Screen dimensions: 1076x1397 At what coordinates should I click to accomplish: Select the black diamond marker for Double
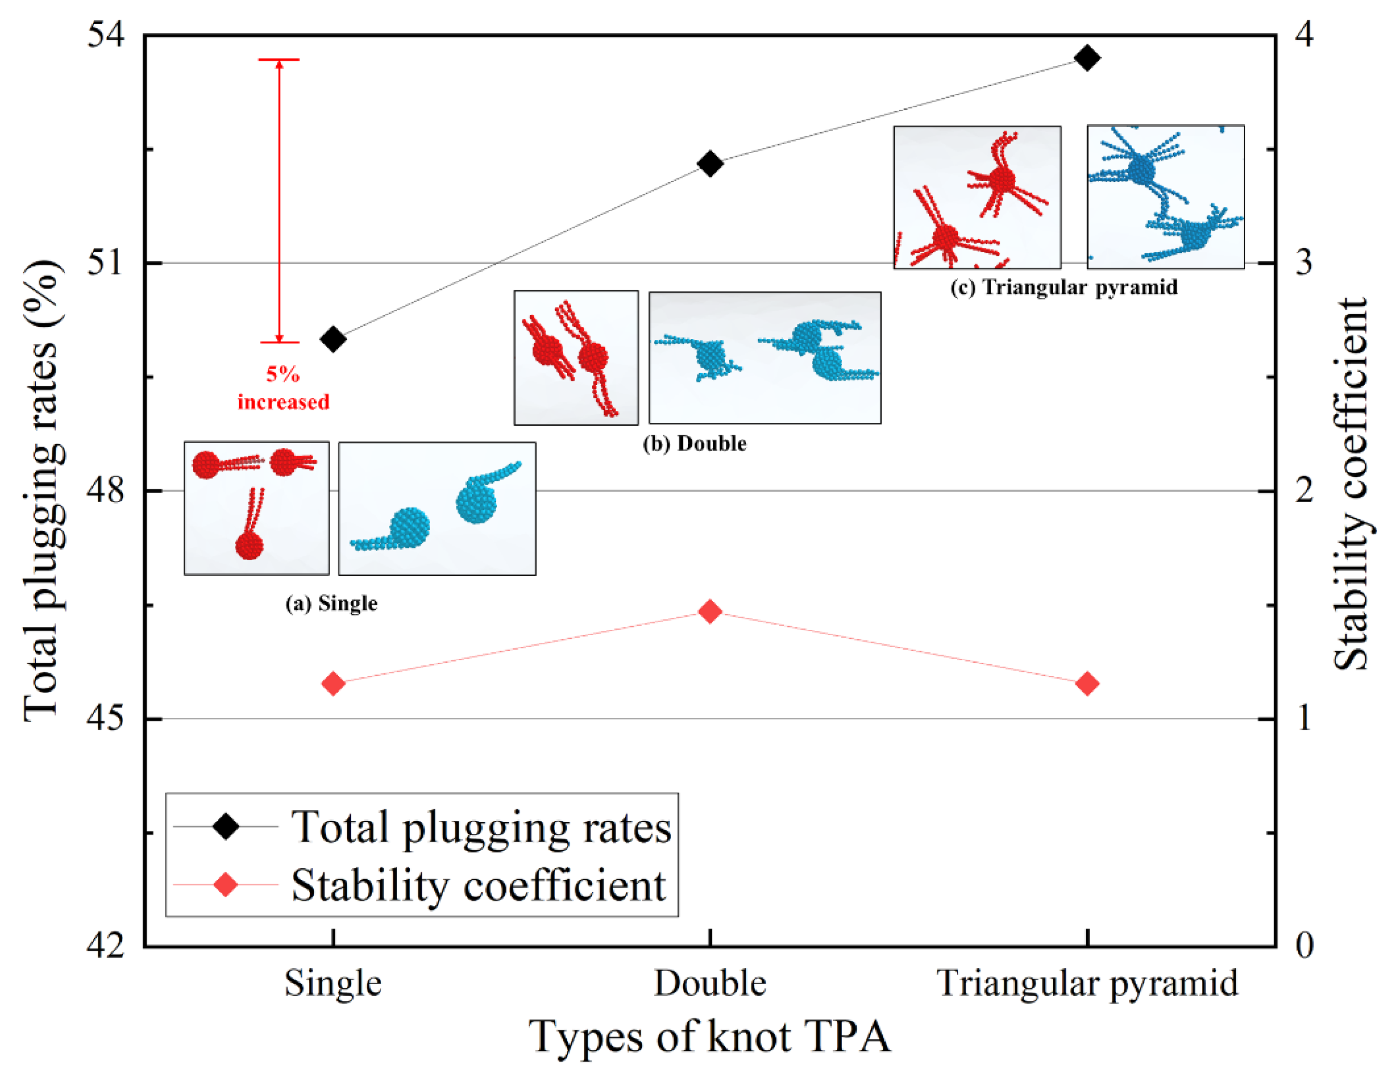point(710,163)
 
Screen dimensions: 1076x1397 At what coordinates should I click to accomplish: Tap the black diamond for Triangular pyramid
point(1087,58)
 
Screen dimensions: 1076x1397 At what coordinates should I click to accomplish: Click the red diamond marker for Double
point(710,611)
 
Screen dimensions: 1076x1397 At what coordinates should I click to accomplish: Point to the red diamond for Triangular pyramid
point(1087,683)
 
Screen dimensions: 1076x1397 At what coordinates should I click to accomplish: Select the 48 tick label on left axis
point(105,491)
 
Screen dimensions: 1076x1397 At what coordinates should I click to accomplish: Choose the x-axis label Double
point(710,983)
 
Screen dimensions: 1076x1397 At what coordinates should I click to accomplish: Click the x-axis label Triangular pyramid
point(1087,983)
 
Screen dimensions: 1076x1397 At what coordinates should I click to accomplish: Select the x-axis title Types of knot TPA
point(709,1036)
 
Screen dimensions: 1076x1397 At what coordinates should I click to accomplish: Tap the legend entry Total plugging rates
point(481,827)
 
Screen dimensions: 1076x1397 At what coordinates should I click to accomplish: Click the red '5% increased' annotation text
point(283,388)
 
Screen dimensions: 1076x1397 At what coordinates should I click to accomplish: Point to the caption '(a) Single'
point(331,603)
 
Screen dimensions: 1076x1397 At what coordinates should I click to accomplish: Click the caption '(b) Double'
point(695,443)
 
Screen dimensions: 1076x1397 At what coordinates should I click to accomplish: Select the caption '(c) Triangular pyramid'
point(1063,287)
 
